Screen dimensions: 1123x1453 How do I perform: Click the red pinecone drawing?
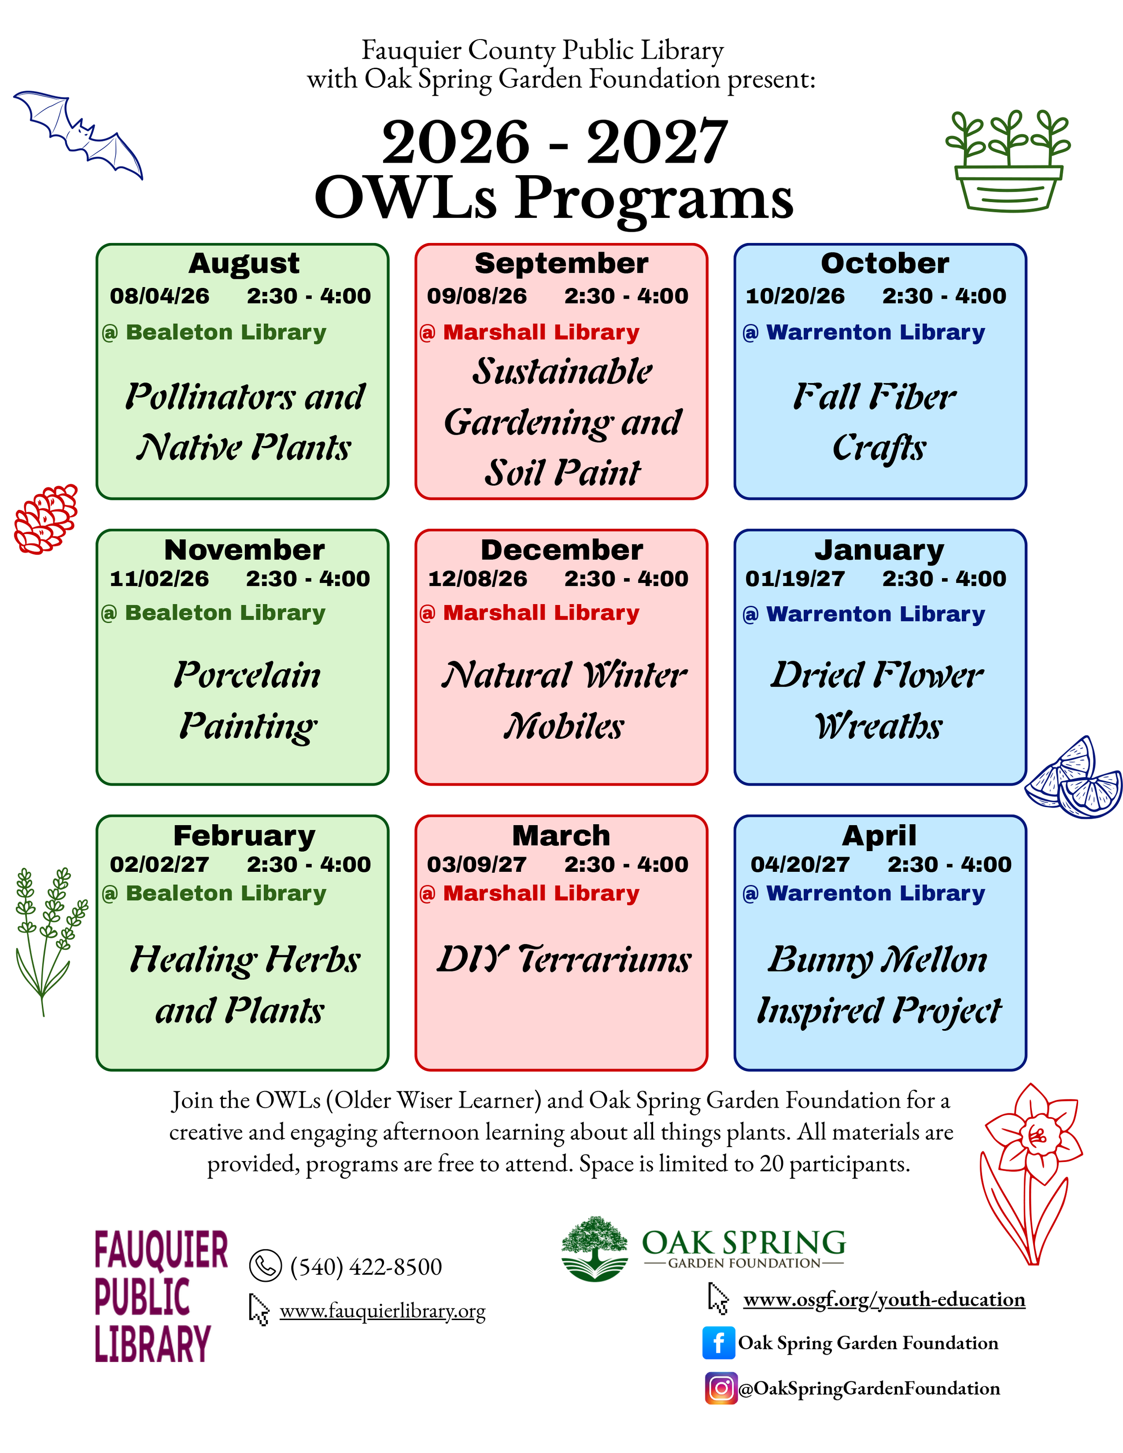[45, 519]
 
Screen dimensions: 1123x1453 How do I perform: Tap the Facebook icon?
[719, 1343]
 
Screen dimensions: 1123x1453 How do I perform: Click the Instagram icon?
[721, 1388]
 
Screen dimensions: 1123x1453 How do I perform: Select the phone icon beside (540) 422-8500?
[265, 1265]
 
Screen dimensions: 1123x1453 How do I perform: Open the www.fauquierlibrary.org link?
[383, 1310]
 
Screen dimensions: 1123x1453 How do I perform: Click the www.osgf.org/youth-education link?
[884, 1298]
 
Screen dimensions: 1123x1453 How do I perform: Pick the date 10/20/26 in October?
[795, 296]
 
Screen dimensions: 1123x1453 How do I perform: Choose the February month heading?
[244, 835]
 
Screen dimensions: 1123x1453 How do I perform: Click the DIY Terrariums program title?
[563, 959]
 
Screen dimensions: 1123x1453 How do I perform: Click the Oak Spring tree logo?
[594, 1249]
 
